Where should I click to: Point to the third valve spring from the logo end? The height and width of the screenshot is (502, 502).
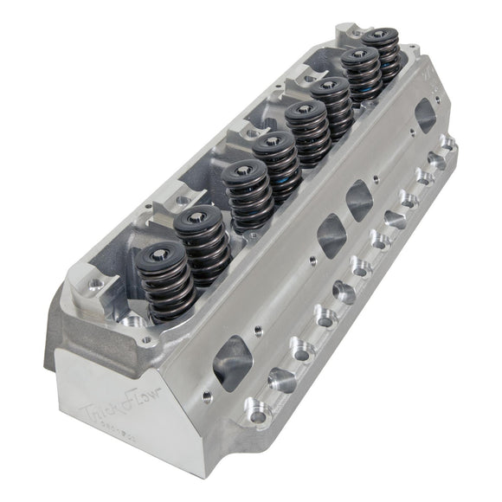click(244, 195)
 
